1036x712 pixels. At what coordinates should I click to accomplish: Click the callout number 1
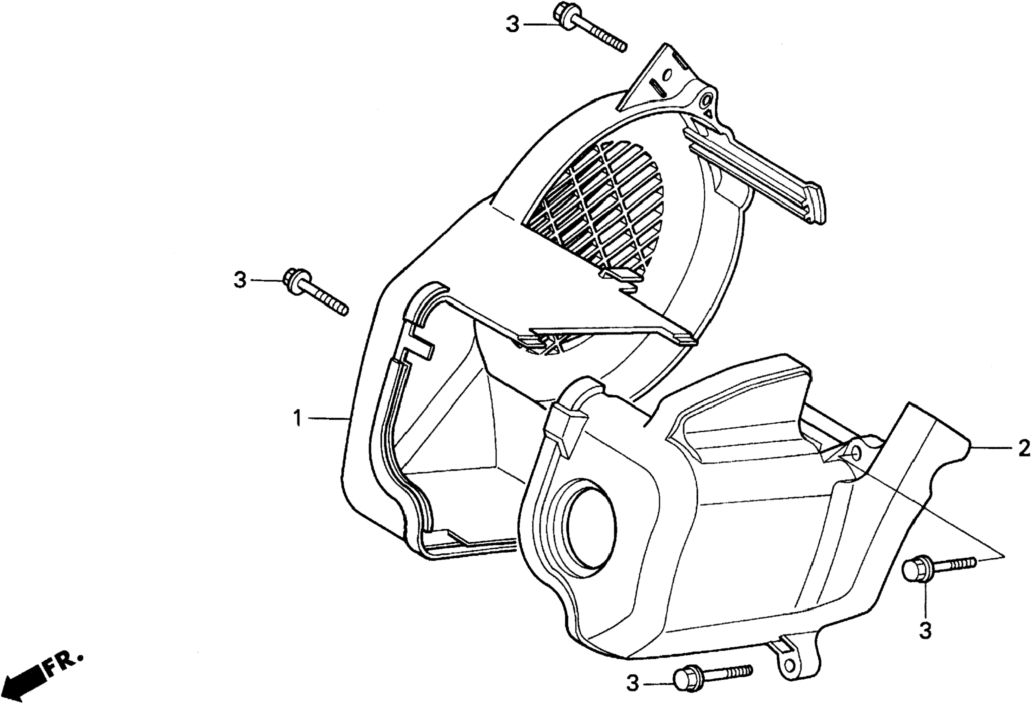(297, 420)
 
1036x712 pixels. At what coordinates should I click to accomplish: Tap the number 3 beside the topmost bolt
(512, 24)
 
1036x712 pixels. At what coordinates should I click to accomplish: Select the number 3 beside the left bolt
(240, 280)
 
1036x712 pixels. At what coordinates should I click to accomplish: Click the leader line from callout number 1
(327, 418)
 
